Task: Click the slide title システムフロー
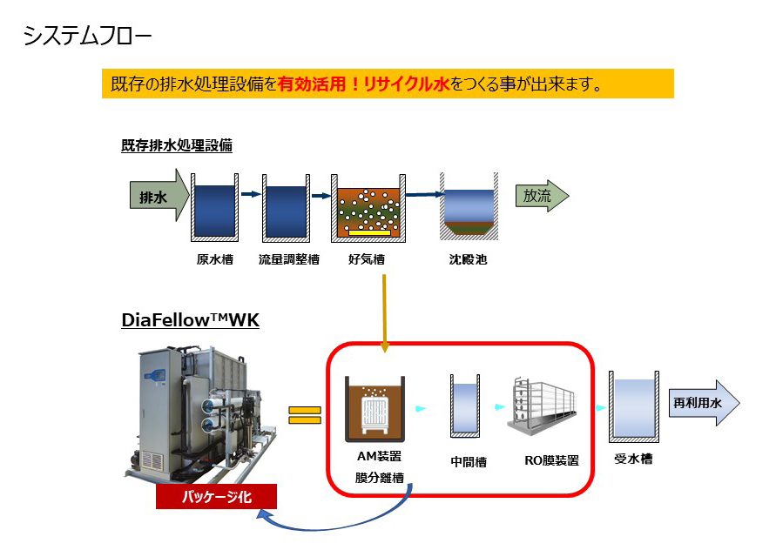87,36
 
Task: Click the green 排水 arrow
158,196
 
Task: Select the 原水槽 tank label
214,258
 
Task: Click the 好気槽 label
367,258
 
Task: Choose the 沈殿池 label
469,258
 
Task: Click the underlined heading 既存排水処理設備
177,145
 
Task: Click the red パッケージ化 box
216,498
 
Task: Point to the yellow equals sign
304,413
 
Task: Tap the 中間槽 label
469,462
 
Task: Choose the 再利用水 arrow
703,403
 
